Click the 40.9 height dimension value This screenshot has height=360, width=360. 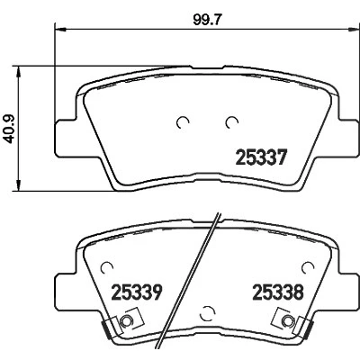[11, 129]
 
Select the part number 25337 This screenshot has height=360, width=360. [262, 157]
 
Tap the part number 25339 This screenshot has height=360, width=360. [137, 292]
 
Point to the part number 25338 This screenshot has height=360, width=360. [278, 292]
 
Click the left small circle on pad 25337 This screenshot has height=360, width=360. [183, 122]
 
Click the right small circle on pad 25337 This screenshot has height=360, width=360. [232, 122]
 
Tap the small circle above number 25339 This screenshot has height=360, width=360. [106, 266]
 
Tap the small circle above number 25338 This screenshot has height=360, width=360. [308, 266]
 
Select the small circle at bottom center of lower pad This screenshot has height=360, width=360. [206, 313]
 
